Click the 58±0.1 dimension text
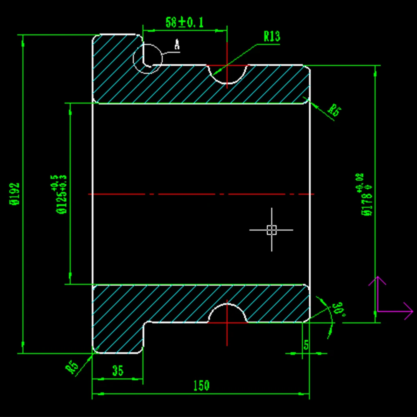pos(184,23)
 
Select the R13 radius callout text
pos(271,37)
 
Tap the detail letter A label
pos(177,45)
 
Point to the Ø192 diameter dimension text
pos(15,194)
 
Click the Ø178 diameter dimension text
pos(366,194)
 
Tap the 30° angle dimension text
pos(338,310)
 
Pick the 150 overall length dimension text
pos(201,386)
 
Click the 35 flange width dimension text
pos(118,371)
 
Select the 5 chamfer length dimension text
pos(306,345)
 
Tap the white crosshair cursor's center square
pos(271,229)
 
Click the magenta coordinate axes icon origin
pos(377,311)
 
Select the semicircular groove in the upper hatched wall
pos(227,73)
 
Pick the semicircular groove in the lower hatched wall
pos(227,313)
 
